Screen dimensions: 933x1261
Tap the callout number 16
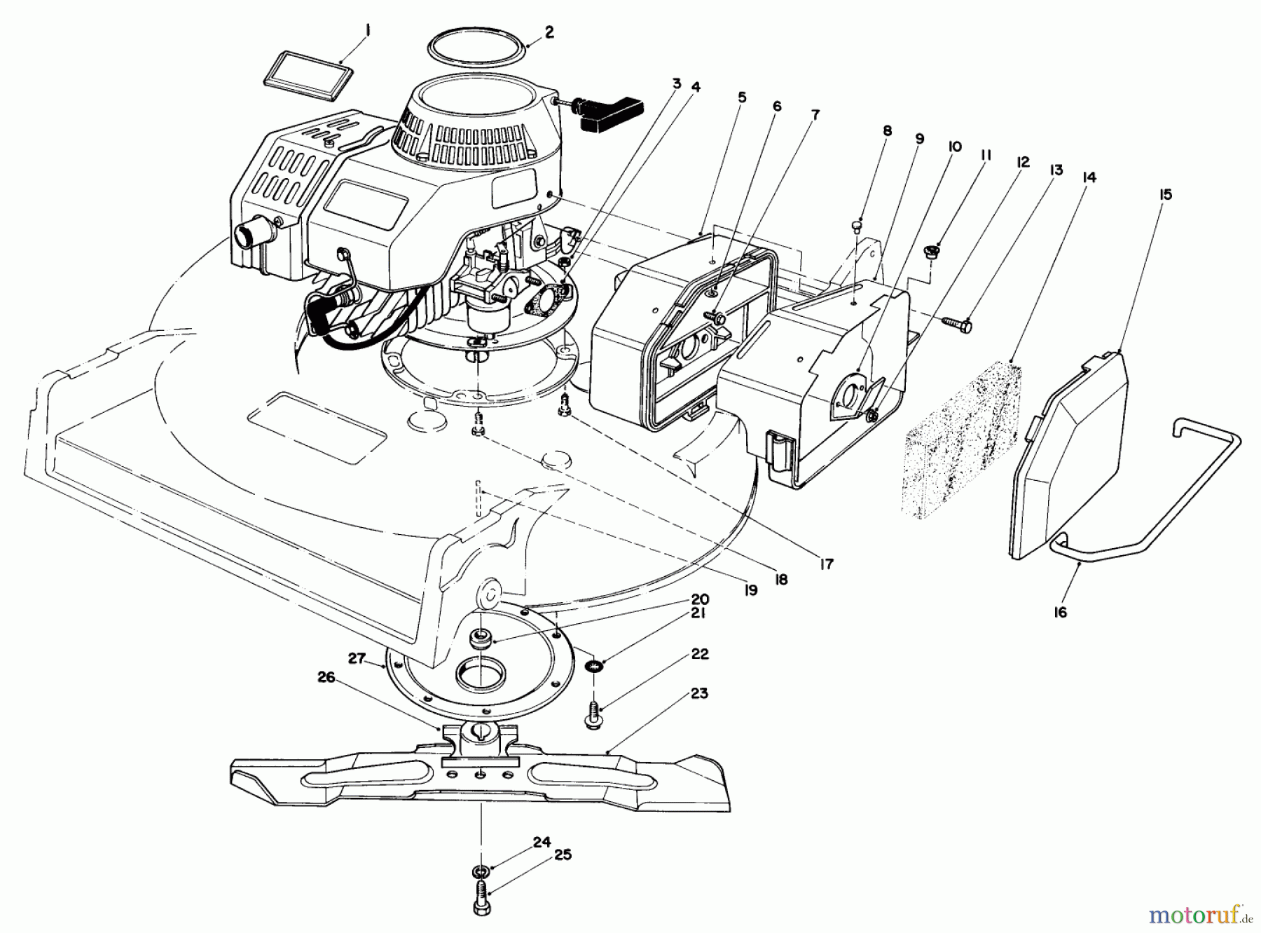point(1060,612)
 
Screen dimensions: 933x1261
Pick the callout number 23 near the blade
point(698,693)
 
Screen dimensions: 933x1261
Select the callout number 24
point(542,843)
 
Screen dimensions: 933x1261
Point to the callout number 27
point(357,658)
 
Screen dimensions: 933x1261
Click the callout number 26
point(326,677)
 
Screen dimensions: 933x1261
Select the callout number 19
point(750,590)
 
